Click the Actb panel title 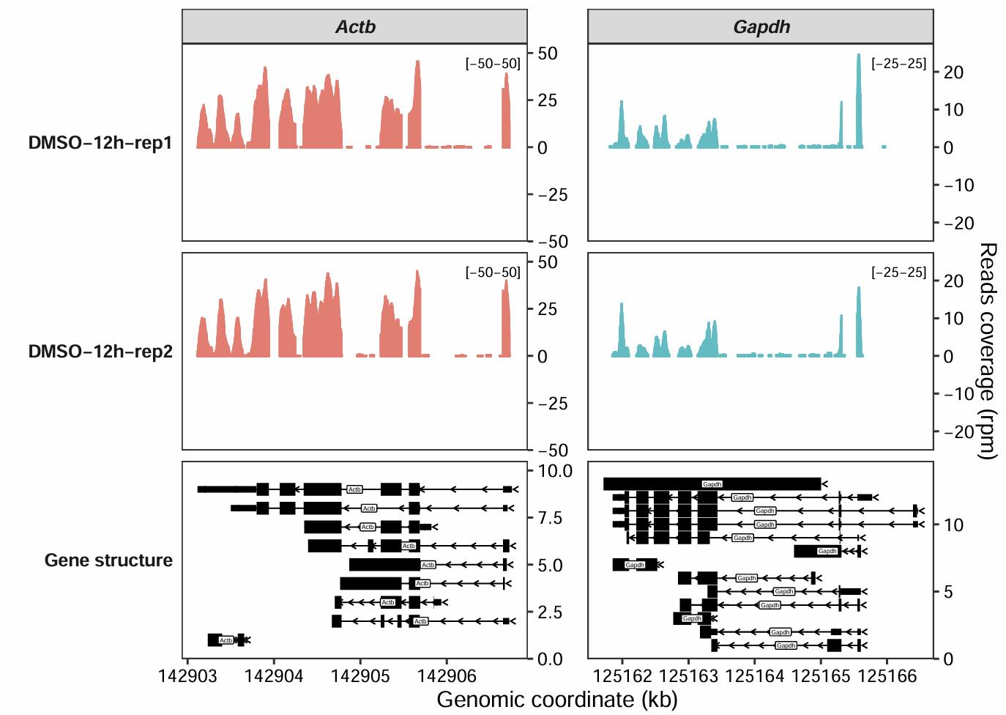click(355, 27)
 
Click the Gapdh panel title click(761, 27)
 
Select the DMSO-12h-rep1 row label click(100, 143)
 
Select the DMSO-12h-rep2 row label click(100, 352)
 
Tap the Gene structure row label click(108, 560)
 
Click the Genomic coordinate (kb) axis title click(556, 700)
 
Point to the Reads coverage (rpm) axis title click(988, 352)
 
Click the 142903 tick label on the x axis click(188, 676)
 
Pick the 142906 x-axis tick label click(447, 676)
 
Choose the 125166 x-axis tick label click(887, 676)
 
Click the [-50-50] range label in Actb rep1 click(493, 64)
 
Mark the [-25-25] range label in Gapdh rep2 click(898, 273)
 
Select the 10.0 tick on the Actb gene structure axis click(555, 471)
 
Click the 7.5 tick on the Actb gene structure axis click(550, 519)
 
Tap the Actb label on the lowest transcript click(226, 640)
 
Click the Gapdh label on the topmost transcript click(712, 484)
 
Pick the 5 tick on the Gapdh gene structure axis click(949, 591)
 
